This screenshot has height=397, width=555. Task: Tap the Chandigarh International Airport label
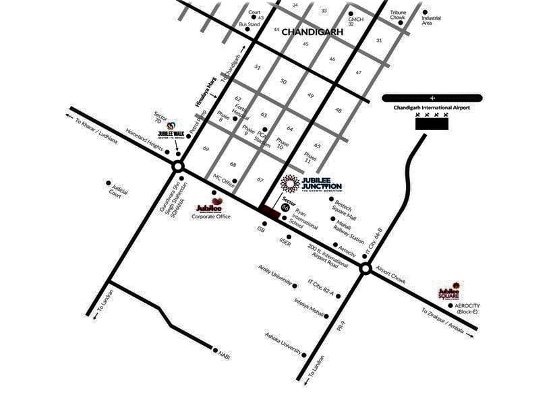tap(432, 107)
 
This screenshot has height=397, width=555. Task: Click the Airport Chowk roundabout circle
tap(365, 268)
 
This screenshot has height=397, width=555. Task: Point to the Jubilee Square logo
tap(450, 292)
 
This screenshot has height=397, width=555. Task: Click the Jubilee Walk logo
tap(171, 130)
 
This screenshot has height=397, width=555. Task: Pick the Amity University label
tap(274, 276)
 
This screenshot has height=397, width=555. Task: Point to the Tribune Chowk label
tap(398, 14)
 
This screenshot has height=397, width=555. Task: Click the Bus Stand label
tap(249, 24)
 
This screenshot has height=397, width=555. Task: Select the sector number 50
tap(283, 82)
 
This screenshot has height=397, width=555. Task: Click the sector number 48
tap(339, 110)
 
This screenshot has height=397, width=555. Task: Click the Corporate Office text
tap(211, 216)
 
